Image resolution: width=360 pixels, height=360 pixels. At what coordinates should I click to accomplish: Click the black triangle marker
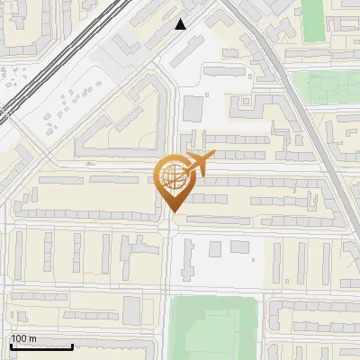click(x=181, y=24)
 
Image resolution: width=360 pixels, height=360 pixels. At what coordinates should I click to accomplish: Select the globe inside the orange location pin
click(x=171, y=176)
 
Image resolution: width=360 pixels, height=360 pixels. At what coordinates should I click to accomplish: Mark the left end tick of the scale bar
click(x=10, y=346)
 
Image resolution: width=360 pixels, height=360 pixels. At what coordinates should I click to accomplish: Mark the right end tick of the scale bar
click(x=72, y=346)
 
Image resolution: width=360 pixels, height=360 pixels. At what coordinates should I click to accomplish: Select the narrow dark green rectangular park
click(x=312, y=21)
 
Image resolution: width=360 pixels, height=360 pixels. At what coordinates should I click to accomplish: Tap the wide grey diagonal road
click(x=297, y=99)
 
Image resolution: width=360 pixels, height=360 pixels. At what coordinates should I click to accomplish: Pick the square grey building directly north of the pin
click(x=193, y=108)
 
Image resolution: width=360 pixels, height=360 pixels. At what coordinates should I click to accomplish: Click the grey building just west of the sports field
click(x=132, y=310)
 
